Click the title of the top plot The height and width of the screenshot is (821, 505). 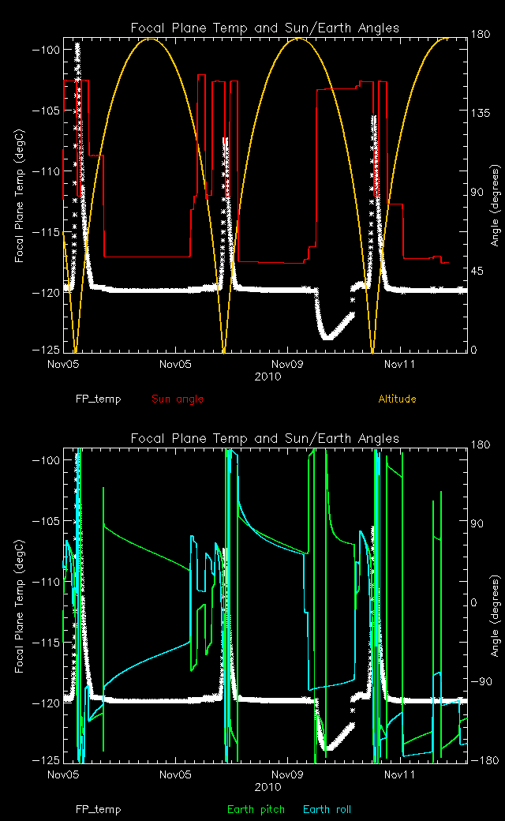coord(264,28)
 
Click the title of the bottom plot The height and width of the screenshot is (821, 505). coord(264,438)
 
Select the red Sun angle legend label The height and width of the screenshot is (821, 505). coord(177,399)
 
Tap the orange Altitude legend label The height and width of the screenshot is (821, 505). coord(397,399)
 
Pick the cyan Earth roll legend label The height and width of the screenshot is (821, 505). coord(327,809)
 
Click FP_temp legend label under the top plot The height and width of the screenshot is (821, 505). coord(99,399)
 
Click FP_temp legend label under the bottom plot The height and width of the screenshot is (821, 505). coord(99,809)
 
